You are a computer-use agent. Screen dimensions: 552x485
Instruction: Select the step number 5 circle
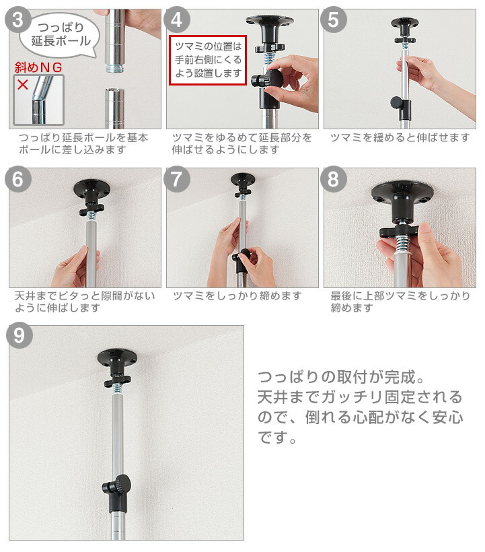pyautogui.click(x=334, y=20)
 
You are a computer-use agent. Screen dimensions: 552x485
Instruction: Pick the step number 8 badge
pyautogui.click(x=334, y=179)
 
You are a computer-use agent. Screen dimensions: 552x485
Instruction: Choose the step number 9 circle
pyautogui.click(x=21, y=337)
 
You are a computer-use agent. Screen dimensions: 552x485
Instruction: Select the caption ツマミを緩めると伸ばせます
pyautogui.click(x=400, y=137)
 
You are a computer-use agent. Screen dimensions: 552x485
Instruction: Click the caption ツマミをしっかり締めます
pyautogui.click(x=237, y=296)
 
